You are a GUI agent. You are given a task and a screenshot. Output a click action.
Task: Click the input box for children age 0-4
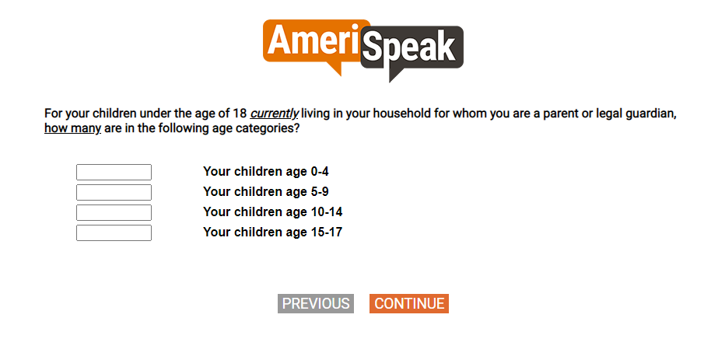114,173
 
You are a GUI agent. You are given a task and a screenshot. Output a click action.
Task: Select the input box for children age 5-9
114,192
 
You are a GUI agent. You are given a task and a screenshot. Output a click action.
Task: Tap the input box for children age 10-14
114,212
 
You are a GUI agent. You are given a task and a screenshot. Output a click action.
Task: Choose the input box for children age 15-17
114,232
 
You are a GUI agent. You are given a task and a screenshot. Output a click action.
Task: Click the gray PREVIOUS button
316,303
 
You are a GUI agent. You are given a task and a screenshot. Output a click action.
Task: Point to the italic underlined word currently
275,113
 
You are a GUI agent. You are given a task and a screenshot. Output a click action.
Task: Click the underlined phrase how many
72,128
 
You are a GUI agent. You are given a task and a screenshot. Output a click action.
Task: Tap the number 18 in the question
240,113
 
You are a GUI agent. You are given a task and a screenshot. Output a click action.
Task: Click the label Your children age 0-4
266,171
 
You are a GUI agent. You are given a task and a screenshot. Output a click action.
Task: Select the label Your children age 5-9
266,192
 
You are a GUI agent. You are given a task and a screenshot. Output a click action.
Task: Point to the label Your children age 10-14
272,211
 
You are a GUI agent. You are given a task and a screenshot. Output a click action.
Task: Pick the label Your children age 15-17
272,232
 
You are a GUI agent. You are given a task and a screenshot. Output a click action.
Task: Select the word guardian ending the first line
651,114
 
